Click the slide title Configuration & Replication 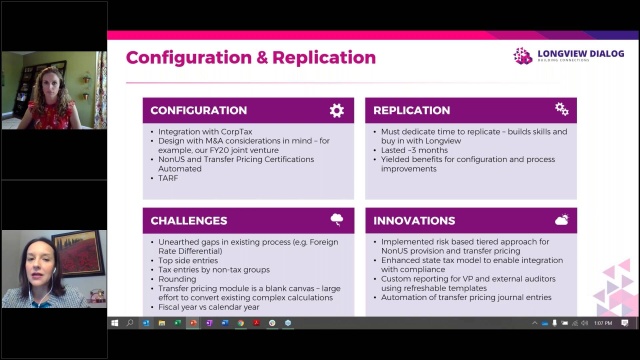coord(251,58)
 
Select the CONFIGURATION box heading coord(199,110)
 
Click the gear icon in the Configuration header coord(336,110)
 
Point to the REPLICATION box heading coord(411,110)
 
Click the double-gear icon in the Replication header coord(561,109)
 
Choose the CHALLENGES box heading coord(189,220)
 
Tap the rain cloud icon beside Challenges coord(336,219)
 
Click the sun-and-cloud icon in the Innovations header coord(561,219)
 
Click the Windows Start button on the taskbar coord(114,323)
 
